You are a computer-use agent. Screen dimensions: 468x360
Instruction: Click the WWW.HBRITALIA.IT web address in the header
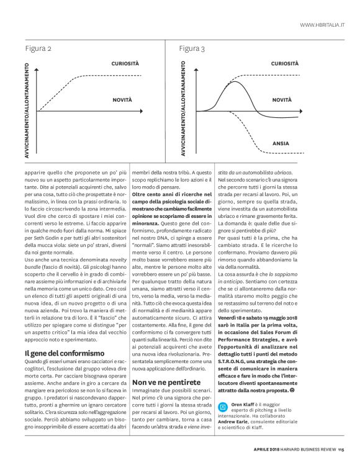tap(322, 24)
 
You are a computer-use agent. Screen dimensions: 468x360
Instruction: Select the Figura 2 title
tap(38, 48)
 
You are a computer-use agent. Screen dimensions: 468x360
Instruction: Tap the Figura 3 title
tap(192, 48)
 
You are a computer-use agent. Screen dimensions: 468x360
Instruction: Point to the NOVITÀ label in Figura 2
tap(122, 99)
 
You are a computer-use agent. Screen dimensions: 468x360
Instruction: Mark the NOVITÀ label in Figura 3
tap(282, 99)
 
